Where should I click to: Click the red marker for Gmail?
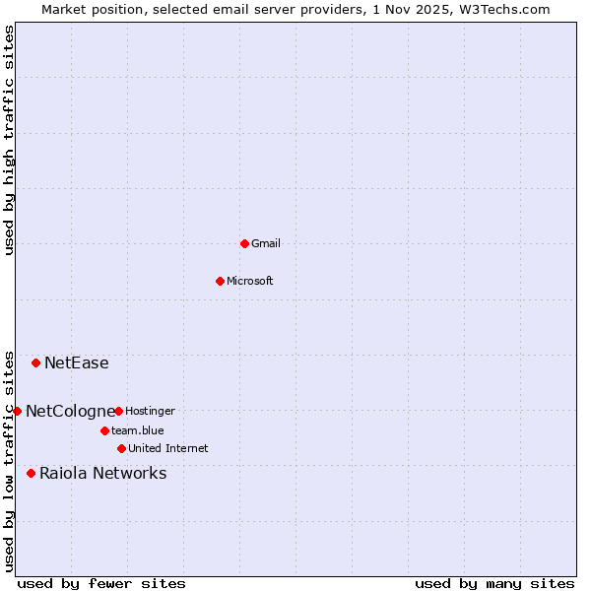coord(244,243)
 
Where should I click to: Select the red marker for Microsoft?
coord(220,281)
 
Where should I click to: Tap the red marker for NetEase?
coord(36,363)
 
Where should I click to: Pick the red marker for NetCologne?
coord(17,411)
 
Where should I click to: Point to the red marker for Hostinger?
coord(118,411)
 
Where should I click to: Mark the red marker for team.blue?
coord(104,430)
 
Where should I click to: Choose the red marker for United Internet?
coord(121,448)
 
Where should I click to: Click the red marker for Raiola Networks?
coord(31,474)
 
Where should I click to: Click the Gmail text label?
coord(266,243)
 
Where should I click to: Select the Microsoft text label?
coord(249,281)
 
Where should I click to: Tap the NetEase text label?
coord(76,363)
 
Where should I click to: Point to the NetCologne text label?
coord(70,411)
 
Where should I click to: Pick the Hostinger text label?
coord(150,411)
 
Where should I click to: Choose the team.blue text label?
coord(137,430)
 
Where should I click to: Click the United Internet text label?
coord(167,448)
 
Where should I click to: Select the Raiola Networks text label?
coord(102,474)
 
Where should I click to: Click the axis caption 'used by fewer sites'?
coord(101,583)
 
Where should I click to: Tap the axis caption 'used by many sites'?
coord(494,583)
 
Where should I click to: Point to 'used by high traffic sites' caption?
coord(9,140)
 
